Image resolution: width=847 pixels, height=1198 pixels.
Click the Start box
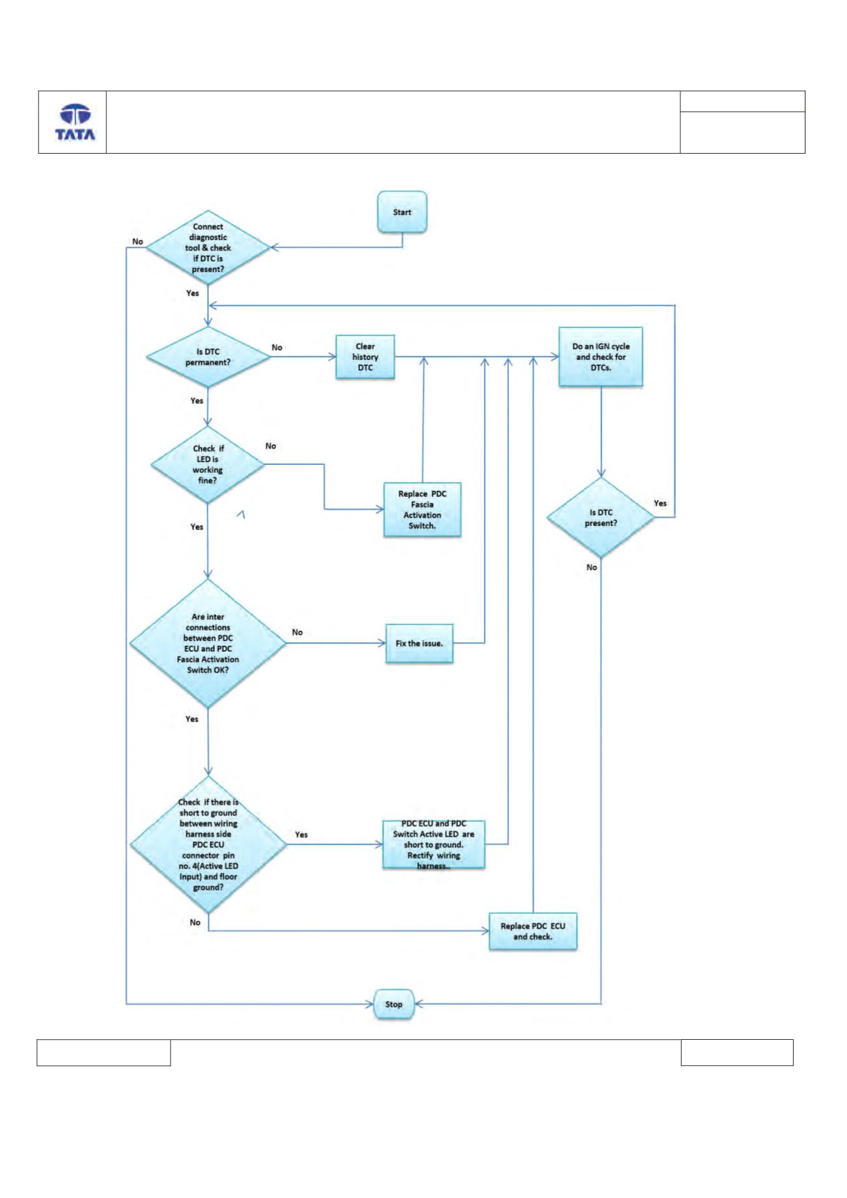(402, 212)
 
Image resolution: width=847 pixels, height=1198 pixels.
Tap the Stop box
(393, 1004)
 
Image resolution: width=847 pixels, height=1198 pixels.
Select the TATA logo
(74, 122)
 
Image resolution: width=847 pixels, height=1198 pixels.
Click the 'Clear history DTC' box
(365, 357)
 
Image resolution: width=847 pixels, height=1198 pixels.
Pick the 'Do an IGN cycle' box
(601, 357)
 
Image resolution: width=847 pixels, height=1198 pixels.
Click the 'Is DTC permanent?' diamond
(208, 357)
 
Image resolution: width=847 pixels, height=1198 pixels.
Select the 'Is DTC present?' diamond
(601, 518)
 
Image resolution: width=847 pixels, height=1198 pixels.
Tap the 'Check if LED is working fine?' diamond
(208, 464)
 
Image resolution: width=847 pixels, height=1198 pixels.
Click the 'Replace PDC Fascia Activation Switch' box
(423, 509)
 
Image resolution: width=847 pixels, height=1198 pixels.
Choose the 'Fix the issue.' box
(419, 643)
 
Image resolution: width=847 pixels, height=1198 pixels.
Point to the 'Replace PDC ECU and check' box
(533, 931)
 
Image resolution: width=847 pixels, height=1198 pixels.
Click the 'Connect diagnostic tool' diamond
(208, 247)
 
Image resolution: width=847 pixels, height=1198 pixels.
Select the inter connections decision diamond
(208, 643)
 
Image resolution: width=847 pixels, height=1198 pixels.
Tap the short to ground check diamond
(208, 844)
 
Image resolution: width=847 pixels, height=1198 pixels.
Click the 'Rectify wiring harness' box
(434, 844)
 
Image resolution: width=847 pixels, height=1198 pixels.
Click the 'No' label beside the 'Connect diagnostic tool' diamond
(137, 242)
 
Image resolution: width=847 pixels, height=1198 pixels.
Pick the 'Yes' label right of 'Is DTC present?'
(660, 503)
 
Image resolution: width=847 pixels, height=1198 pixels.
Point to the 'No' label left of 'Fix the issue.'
(298, 632)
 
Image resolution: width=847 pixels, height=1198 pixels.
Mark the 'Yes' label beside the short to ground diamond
(301, 835)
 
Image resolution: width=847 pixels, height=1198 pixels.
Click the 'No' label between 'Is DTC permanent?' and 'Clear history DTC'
(277, 348)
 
